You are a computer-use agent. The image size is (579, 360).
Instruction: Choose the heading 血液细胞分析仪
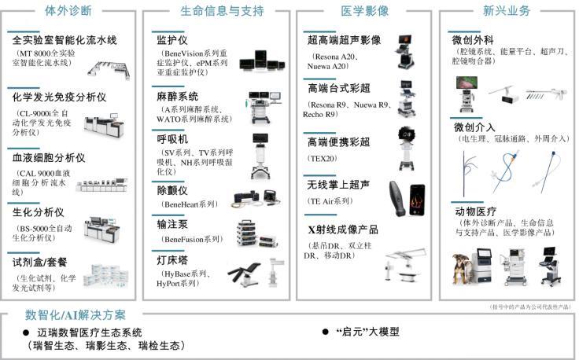tap(49, 158)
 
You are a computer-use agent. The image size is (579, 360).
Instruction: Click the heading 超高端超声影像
tap(345, 39)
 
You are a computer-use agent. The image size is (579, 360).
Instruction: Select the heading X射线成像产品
tap(343, 230)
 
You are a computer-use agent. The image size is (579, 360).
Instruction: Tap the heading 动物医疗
tap(474, 212)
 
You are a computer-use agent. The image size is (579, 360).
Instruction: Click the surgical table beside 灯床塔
tap(246, 272)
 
